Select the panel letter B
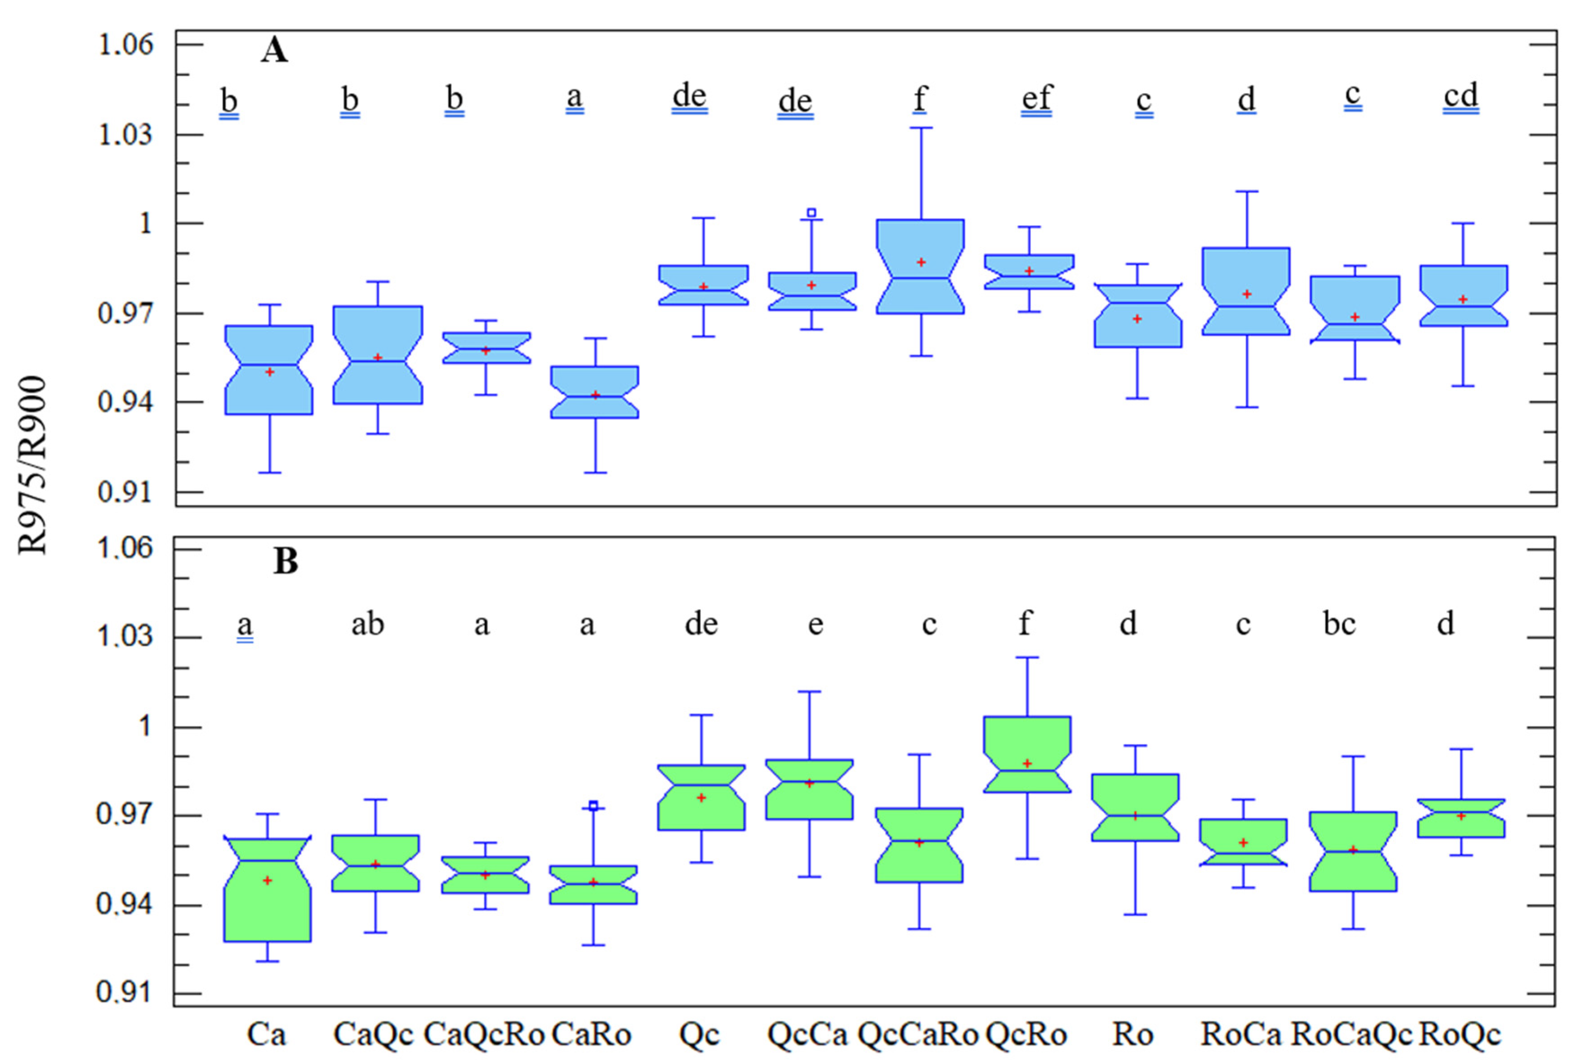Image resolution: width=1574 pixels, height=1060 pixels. (285, 561)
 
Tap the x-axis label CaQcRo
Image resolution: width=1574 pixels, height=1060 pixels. (484, 1034)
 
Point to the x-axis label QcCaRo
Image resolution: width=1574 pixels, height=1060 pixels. (918, 1034)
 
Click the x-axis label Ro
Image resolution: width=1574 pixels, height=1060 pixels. (1133, 1034)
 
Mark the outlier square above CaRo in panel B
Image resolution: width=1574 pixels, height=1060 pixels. (593, 805)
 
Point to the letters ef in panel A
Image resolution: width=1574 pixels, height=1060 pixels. (1036, 98)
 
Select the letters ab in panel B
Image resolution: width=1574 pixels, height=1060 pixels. (367, 624)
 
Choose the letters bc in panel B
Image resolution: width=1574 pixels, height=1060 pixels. (1339, 624)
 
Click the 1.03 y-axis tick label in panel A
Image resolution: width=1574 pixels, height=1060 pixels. (126, 134)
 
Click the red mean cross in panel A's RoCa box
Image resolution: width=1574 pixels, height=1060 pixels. (1247, 294)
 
